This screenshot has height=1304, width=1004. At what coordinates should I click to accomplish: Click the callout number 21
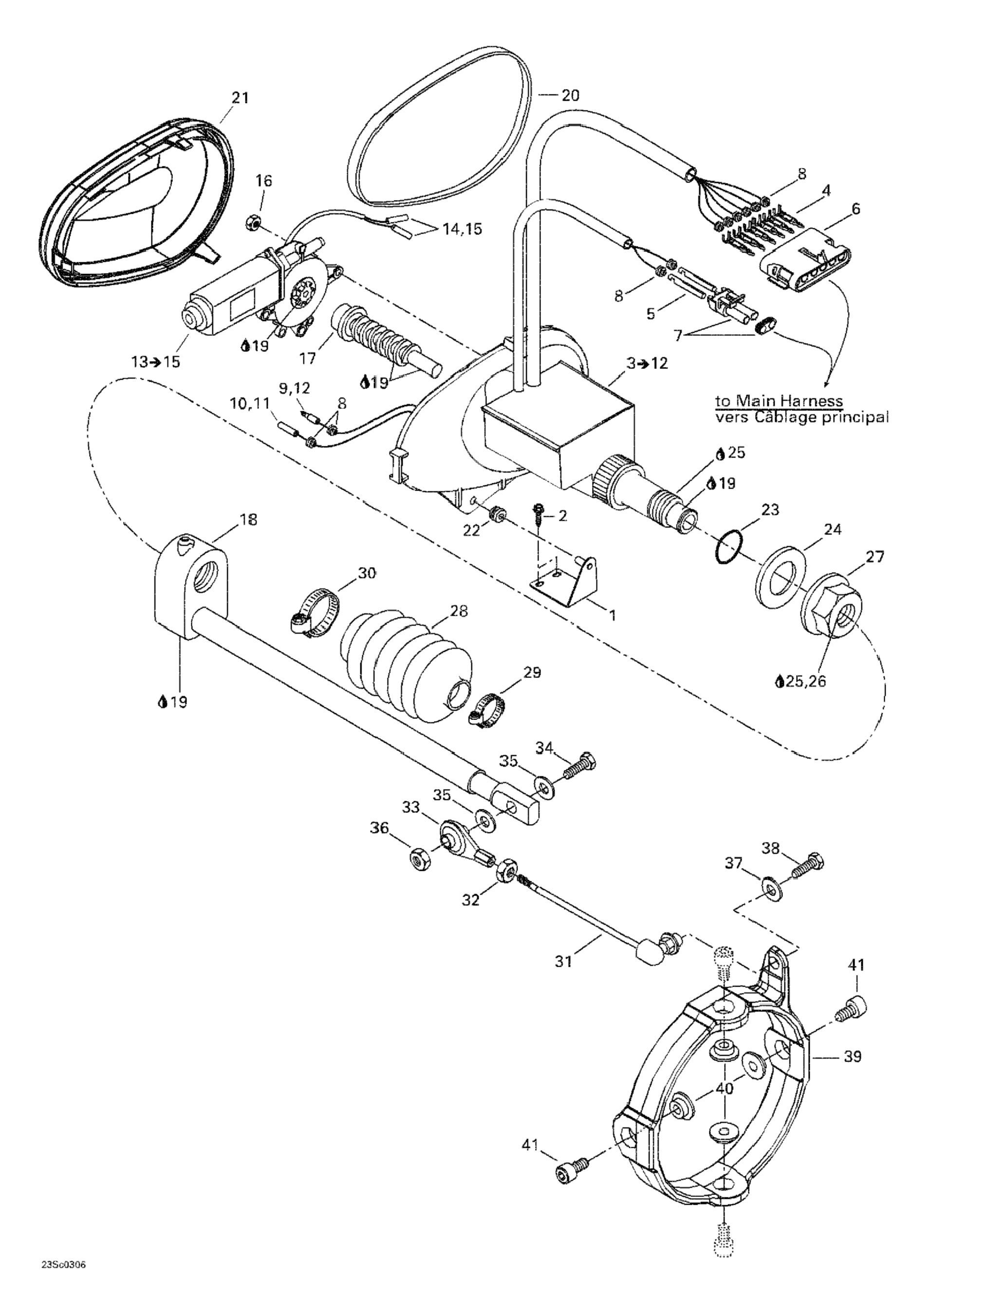(x=240, y=97)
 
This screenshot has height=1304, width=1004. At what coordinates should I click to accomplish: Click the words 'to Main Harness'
(x=779, y=401)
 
